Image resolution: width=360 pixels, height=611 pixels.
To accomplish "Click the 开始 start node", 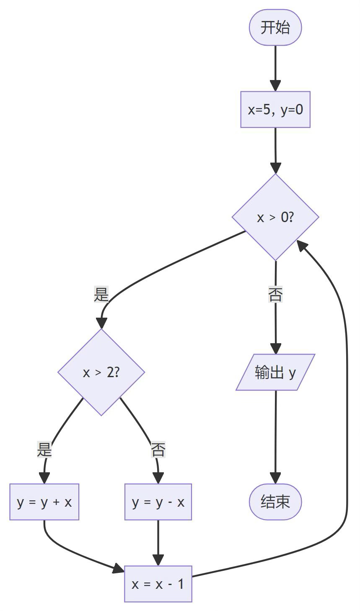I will (275, 28).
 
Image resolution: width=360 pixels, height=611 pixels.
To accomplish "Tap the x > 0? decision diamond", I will (275, 217).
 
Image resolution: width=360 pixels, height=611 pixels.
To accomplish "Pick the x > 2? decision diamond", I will (101, 372).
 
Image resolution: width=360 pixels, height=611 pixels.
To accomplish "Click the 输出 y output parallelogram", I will (275, 372).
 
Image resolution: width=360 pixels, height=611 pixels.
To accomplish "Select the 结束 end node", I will (275, 502).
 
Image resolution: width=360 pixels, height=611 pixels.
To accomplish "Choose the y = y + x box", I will (44, 502).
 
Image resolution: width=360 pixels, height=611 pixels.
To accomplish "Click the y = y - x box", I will (158, 502).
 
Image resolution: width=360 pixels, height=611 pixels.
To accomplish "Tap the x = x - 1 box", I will (158, 584).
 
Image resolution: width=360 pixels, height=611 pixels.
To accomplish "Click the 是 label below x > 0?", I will (101, 295).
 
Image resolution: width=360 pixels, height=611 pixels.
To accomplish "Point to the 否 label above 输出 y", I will (275, 295).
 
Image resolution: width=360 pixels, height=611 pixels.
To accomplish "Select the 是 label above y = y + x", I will (44, 450).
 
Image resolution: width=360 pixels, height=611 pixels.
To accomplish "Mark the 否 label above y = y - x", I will (158, 450).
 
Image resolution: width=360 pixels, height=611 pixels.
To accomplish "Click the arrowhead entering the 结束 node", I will (275, 478).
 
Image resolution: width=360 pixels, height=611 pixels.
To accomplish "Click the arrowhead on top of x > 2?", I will (101, 323).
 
